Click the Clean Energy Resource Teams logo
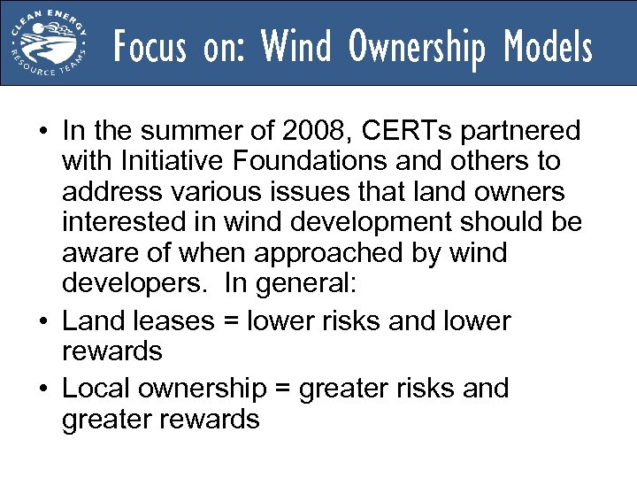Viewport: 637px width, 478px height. (50, 42)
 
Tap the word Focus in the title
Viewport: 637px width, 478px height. (150, 46)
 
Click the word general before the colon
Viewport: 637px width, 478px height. (319, 283)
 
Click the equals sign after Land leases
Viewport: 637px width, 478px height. (234, 321)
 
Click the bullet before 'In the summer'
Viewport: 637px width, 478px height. (42, 133)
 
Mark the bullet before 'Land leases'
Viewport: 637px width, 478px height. (42, 321)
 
